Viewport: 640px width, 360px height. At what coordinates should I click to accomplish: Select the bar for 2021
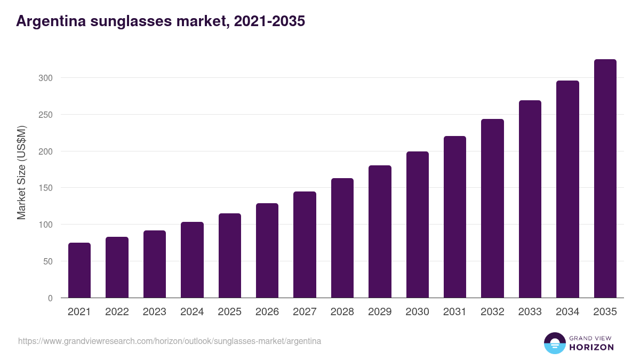(x=79, y=270)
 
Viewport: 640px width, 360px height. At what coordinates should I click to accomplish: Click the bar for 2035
(x=605, y=179)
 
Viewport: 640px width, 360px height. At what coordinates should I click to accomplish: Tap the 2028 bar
(x=342, y=238)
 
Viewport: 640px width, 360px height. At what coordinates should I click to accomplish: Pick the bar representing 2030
(x=417, y=225)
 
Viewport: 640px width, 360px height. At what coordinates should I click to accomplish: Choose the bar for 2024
(x=192, y=260)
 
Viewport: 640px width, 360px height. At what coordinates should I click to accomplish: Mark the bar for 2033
(x=530, y=199)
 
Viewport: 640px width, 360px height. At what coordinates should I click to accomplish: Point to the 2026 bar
(x=267, y=251)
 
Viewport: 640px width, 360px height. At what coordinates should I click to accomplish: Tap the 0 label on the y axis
(x=50, y=298)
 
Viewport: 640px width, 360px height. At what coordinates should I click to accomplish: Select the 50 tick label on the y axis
(x=47, y=261)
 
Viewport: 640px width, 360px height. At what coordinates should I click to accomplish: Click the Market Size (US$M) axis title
(x=21, y=172)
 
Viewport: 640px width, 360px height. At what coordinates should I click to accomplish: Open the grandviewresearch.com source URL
(x=170, y=341)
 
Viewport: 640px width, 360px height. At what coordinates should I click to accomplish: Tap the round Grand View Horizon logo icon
(x=555, y=343)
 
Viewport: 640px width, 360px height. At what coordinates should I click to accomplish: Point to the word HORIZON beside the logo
(x=591, y=347)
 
